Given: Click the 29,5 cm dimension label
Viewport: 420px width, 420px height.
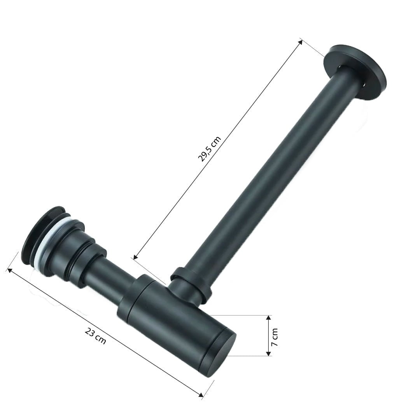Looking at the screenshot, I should [209, 149].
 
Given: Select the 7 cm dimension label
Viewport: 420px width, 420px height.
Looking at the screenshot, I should [275, 337].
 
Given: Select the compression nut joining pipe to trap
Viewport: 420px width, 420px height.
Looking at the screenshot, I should [191, 284].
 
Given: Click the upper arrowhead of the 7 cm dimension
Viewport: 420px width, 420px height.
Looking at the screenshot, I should [268, 318].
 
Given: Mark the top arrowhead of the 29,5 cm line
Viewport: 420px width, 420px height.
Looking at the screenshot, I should [300, 41].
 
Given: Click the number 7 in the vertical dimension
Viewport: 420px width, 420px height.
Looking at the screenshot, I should [275, 345].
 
